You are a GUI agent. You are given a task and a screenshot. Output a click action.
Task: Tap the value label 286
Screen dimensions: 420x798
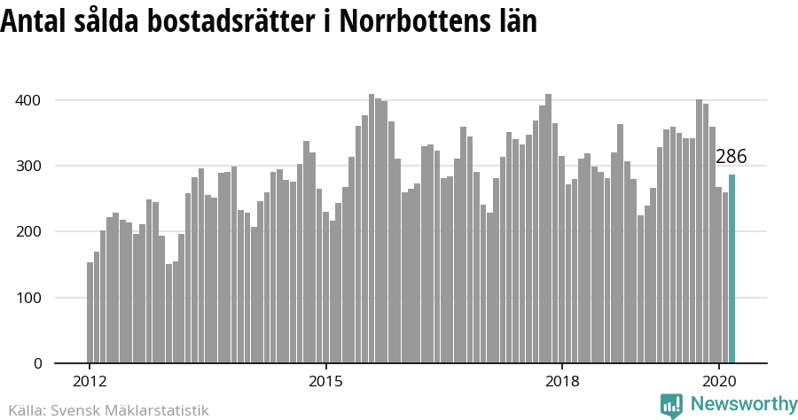pos(731,157)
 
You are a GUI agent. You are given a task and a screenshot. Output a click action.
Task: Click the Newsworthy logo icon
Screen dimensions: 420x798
pos(671,405)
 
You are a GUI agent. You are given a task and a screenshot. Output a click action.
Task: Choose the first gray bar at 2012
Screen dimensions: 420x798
pos(90,313)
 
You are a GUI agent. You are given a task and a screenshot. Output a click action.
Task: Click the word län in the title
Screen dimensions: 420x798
pos(514,21)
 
